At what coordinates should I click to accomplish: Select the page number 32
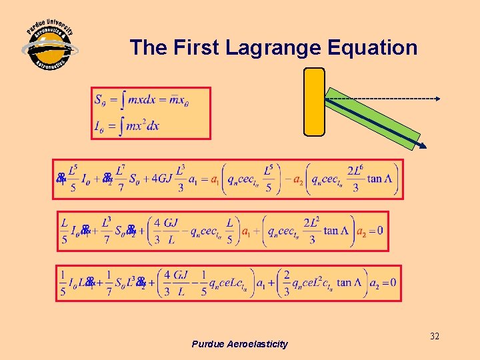[x=434, y=337]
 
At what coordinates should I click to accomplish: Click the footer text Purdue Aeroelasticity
[x=239, y=344]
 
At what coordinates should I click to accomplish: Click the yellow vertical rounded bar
[x=314, y=101]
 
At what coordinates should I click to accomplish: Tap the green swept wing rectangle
[x=377, y=120]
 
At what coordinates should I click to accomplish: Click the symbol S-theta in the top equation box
[x=100, y=101]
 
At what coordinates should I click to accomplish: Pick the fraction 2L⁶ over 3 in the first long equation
[x=355, y=179]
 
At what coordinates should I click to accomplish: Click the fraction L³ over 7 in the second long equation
[x=105, y=231]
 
